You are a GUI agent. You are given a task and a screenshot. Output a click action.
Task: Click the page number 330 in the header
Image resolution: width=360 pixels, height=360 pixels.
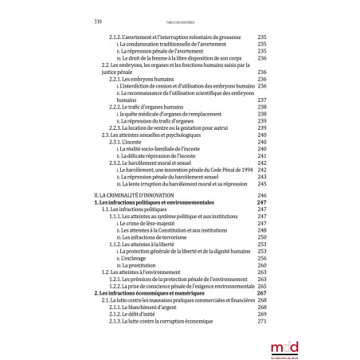tap(100, 22)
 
